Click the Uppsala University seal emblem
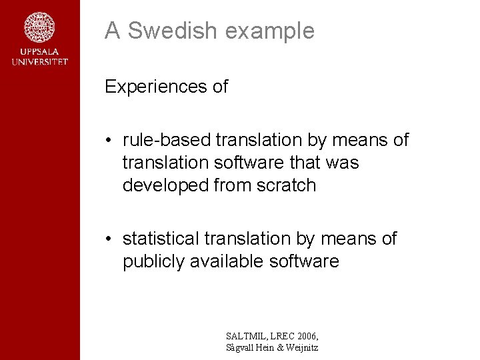point(39,27)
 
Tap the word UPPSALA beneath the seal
point(39,53)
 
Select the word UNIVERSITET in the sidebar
point(39,62)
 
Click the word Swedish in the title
point(170,31)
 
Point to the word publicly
point(153,261)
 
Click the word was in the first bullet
point(343,163)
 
